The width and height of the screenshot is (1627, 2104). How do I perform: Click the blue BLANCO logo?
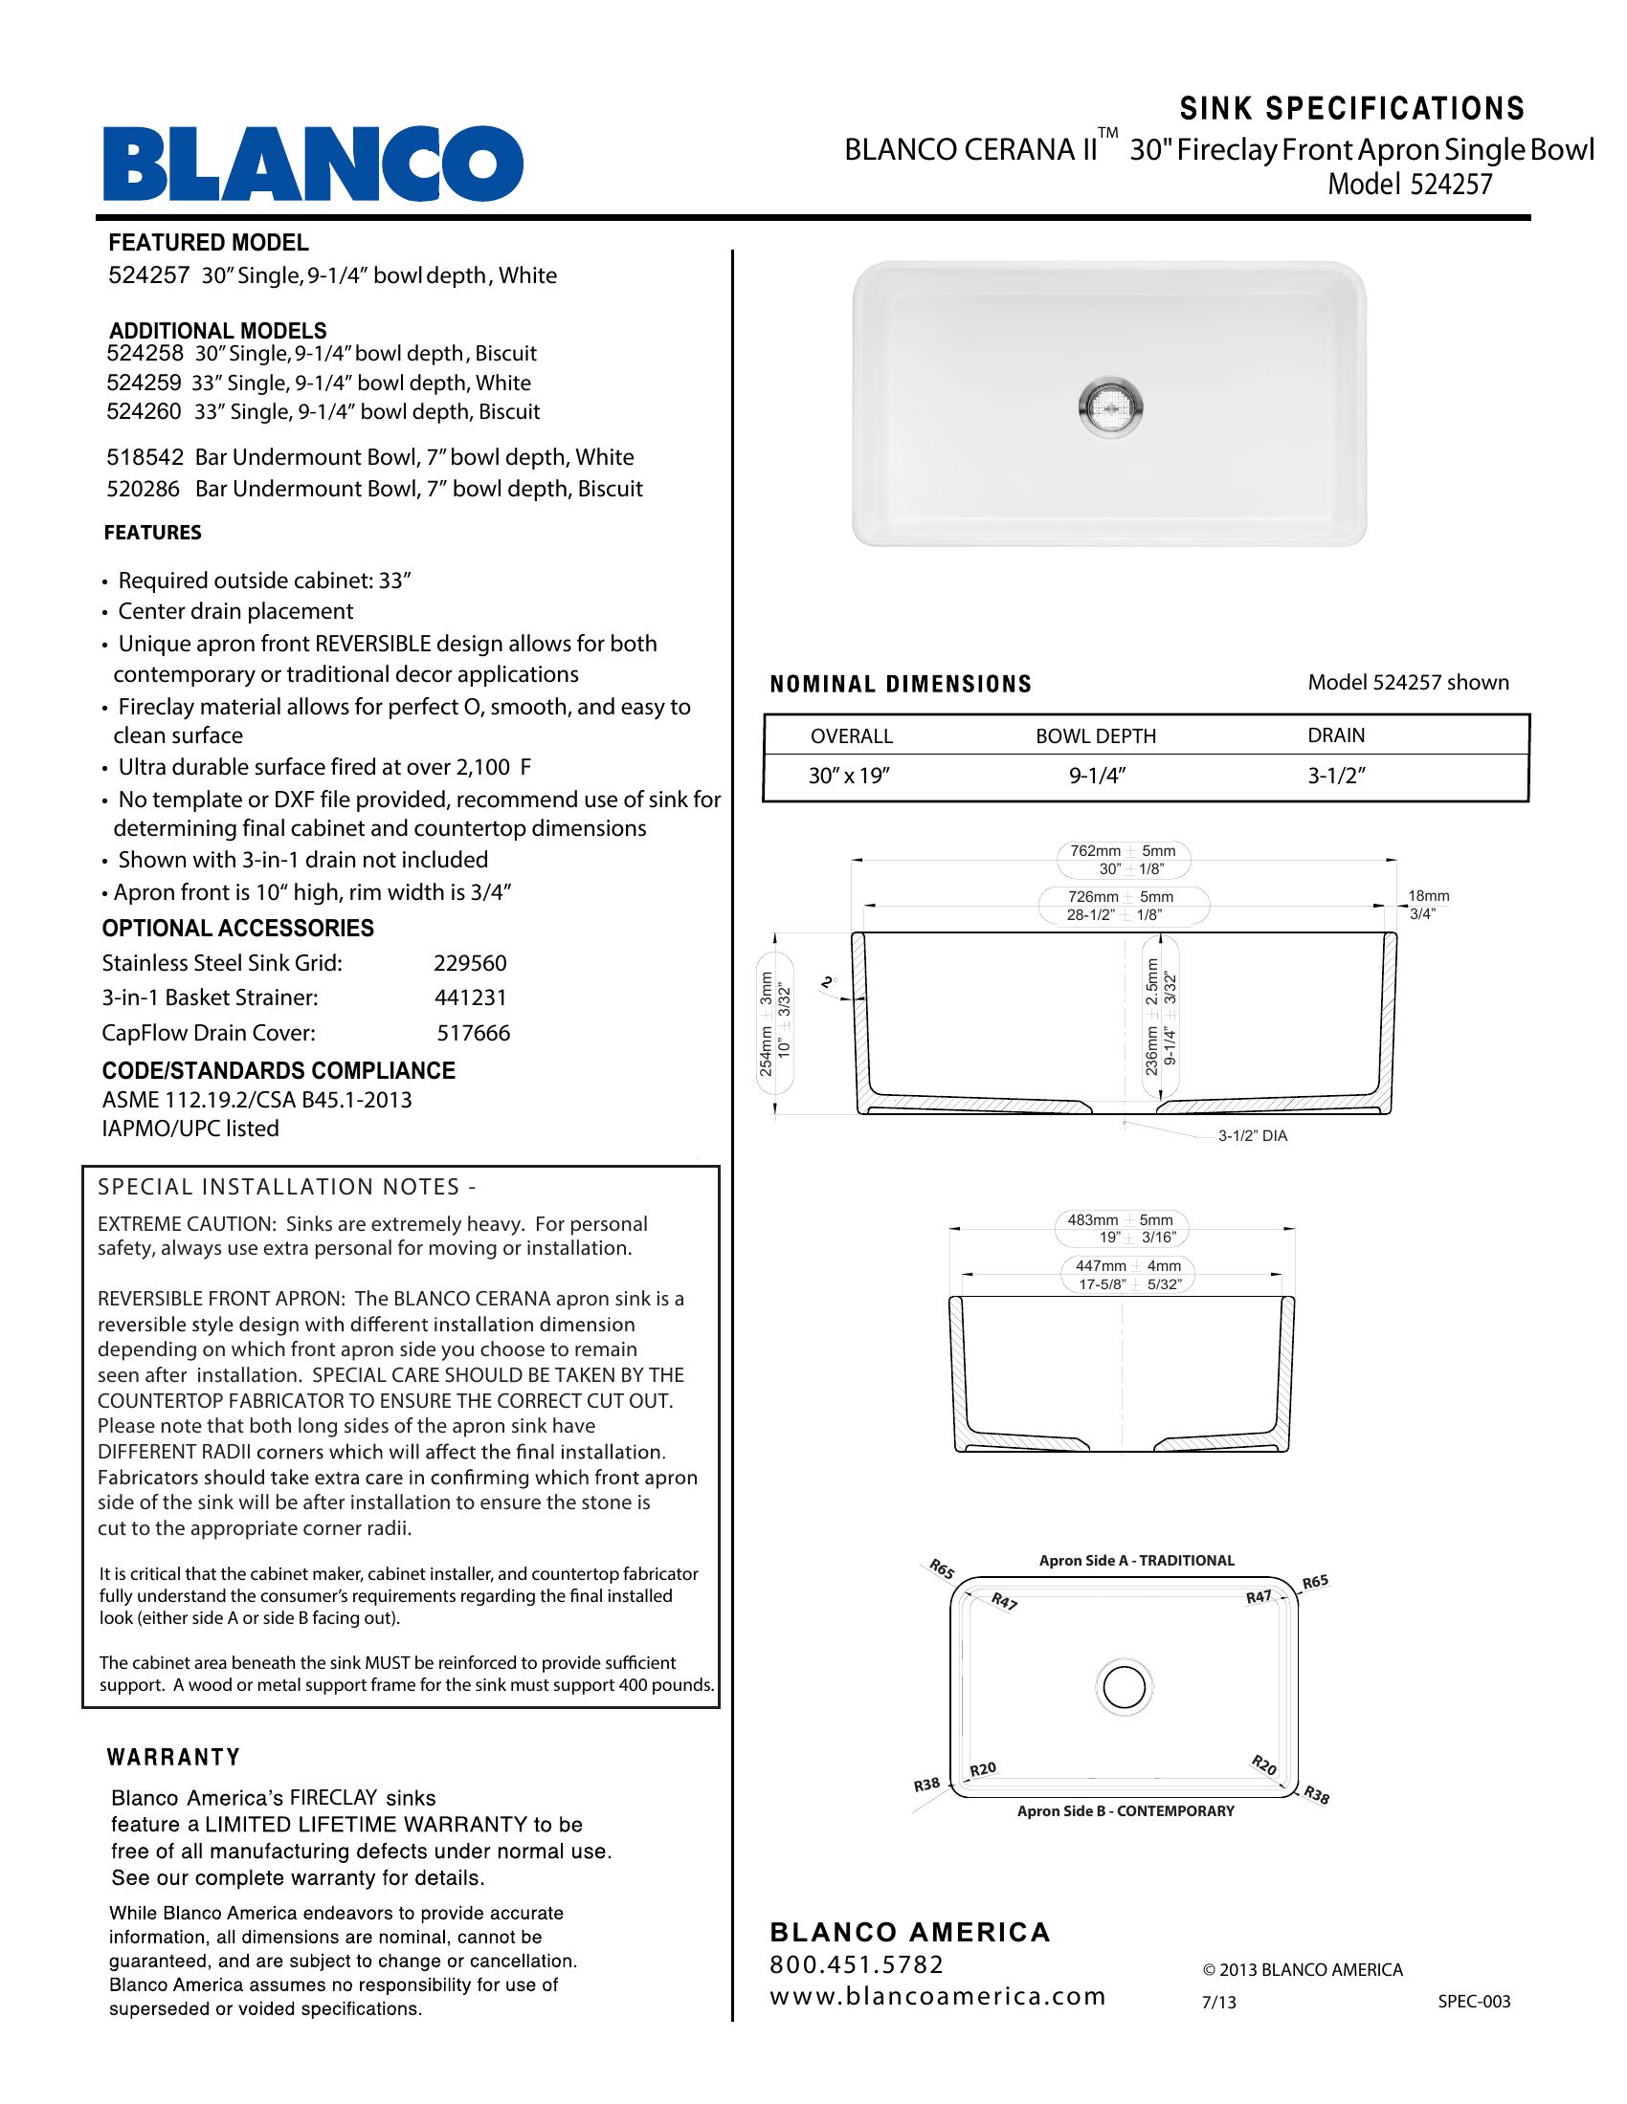pyautogui.click(x=313, y=163)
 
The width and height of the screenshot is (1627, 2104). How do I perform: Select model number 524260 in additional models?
pyautogui.click(x=144, y=412)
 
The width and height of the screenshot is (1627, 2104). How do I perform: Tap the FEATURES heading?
pyautogui.click(x=152, y=533)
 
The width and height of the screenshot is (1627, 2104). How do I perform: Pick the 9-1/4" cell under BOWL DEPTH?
pyautogui.click(x=1097, y=777)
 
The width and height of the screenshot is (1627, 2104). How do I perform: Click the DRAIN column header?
pyautogui.click(x=1336, y=735)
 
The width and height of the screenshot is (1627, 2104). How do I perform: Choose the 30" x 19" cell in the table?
pyautogui.click(x=848, y=777)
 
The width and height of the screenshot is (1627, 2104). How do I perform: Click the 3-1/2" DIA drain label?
pyautogui.click(x=1252, y=1136)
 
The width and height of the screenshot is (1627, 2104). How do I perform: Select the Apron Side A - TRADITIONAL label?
pyautogui.click(x=1136, y=1561)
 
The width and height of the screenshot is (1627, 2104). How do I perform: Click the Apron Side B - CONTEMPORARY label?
pyautogui.click(x=1126, y=1811)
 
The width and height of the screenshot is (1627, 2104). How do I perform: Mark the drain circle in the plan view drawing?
pyautogui.click(x=1124, y=1686)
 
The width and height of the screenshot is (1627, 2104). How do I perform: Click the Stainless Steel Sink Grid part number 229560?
pyautogui.click(x=469, y=963)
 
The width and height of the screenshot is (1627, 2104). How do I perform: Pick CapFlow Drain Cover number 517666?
pyautogui.click(x=473, y=1034)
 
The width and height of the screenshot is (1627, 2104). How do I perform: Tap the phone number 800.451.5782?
pyautogui.click(x=857, y=1965)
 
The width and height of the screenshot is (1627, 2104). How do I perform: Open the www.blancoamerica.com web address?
pyautogui.click(x=937, y=1997)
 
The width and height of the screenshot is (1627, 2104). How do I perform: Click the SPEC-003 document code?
pyautogui.click(x=1474, y=2002)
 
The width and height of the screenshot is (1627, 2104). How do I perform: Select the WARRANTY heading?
pyautogui.click(x=173, y=1758)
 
